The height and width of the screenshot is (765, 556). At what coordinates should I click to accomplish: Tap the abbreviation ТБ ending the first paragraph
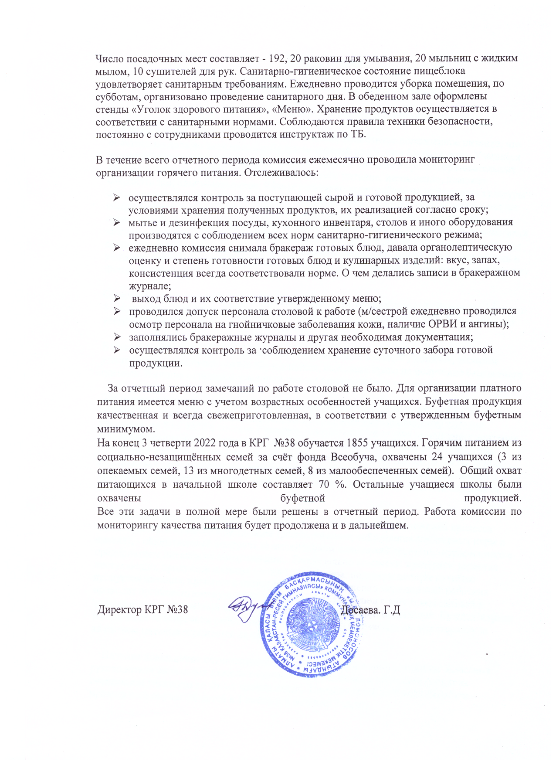point(358,134)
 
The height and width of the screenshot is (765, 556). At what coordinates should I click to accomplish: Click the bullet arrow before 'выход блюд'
point(117,299)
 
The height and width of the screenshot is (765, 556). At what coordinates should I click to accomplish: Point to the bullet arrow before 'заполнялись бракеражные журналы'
point(117,337)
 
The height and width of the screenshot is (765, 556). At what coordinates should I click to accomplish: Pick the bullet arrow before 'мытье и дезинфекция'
point(117,223)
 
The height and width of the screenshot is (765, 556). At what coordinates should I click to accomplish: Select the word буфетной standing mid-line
point(302,498)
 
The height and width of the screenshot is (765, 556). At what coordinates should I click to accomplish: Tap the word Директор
point(119,609)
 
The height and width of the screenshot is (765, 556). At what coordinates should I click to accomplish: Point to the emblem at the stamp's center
point(311,624)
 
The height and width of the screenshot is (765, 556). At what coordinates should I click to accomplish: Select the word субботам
point(115,96)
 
